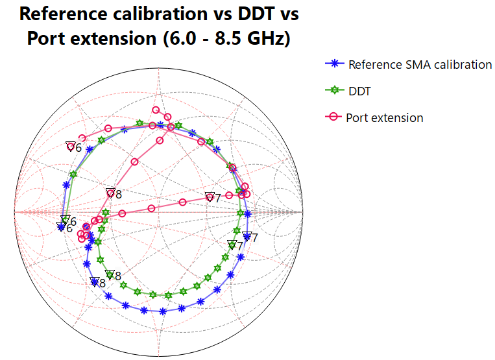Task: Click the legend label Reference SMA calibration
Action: coord(420,64)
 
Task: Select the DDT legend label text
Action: coord(359,91)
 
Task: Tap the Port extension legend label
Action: coord(385,118)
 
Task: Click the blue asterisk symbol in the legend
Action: coord(333,64)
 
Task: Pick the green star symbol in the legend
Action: coord(333,91)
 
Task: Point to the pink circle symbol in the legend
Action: coord(333,117)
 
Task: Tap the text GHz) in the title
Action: coord(262,39)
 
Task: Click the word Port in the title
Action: coord(48,39)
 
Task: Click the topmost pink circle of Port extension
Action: coord(156,110)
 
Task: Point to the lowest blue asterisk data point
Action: coord(162,311)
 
